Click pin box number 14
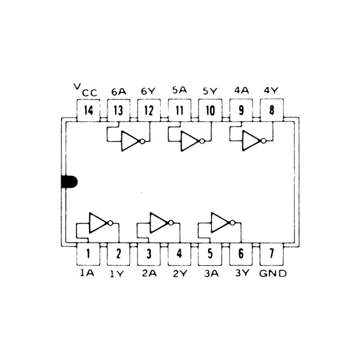pos(88,110)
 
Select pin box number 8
pos(272,110)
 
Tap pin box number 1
pos(88,253)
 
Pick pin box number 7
pos(272,253)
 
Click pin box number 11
pos(180,110)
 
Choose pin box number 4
pos(180,253)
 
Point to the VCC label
pos(86,91)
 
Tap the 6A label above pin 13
pos(118,92)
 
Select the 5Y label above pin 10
pos(210,92)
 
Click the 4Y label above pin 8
pos(271,91)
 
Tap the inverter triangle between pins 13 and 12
pos(129,141)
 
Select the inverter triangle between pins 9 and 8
pos(251,141)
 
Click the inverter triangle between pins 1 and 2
pos(97,223)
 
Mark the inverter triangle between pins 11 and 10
pos(190,141)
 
